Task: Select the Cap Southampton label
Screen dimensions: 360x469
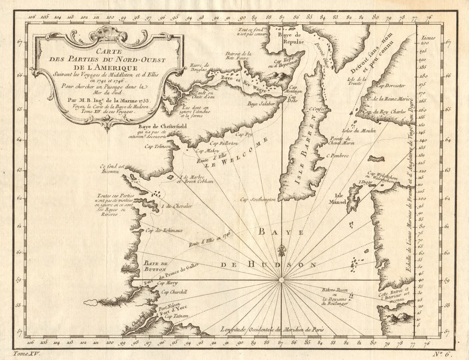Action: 258,199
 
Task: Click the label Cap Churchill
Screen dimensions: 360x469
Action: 174,292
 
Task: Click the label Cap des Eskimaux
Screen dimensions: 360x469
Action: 164,230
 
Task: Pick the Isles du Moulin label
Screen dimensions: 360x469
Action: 359,131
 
